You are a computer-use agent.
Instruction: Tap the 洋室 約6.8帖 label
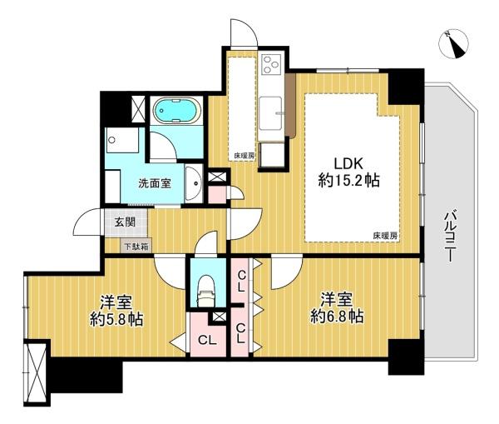click(x=337, y=308)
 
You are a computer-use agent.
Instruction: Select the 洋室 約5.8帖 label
click(x=116, y=311)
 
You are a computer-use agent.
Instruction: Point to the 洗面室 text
click(x=155, y=183)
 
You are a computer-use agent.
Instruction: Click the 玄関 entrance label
click(x=125, y=222)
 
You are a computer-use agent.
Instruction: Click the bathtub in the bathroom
click(x=176, y=110)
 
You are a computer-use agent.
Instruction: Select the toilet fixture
click(x=206, y=291)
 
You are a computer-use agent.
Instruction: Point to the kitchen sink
click(x=270, y=113)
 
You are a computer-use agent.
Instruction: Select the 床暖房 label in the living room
click(x=385, y=236)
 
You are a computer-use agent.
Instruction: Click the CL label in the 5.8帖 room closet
click(x=207, y=341)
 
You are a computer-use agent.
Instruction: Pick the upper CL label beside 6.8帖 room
click(x=241, y=281)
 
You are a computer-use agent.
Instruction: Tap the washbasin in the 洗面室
click(x=193, y=184)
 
